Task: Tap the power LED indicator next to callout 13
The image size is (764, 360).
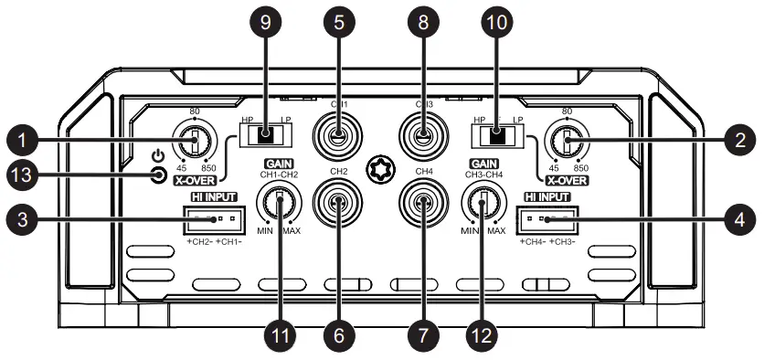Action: [x=158, y=175]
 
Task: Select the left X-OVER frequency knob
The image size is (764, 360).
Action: [x=195, y=142]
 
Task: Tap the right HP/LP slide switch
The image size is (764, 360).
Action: [x=496, y=137]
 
